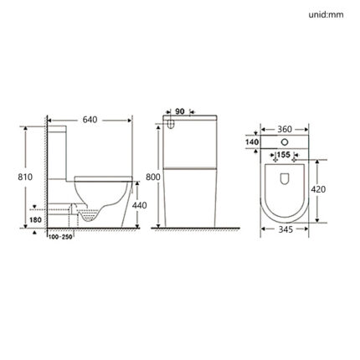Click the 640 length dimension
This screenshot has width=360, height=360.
[x=90, y=120]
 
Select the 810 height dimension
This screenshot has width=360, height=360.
[x=25, y=177]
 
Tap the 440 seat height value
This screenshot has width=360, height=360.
[x=139, y=205]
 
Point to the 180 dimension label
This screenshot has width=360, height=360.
[x=35, y=220]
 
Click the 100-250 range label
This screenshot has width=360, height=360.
[x=60, y=237]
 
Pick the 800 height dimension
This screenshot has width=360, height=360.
[x=153, y=177]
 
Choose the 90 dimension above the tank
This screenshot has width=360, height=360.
[x=180, y=111]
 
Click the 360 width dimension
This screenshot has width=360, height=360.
[x=285, y=129]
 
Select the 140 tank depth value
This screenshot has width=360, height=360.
[x=252, y=142]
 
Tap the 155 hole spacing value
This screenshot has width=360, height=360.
[x=285, y=155]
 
